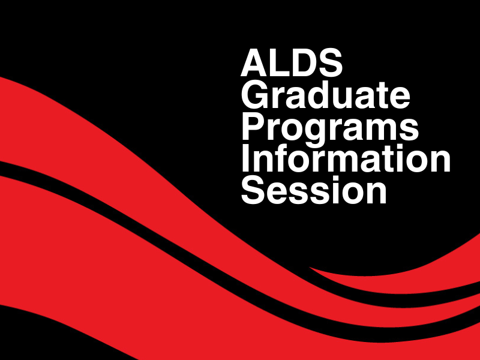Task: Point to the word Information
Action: click(x=346, y=158)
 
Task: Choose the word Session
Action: click(x=314, y=190)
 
